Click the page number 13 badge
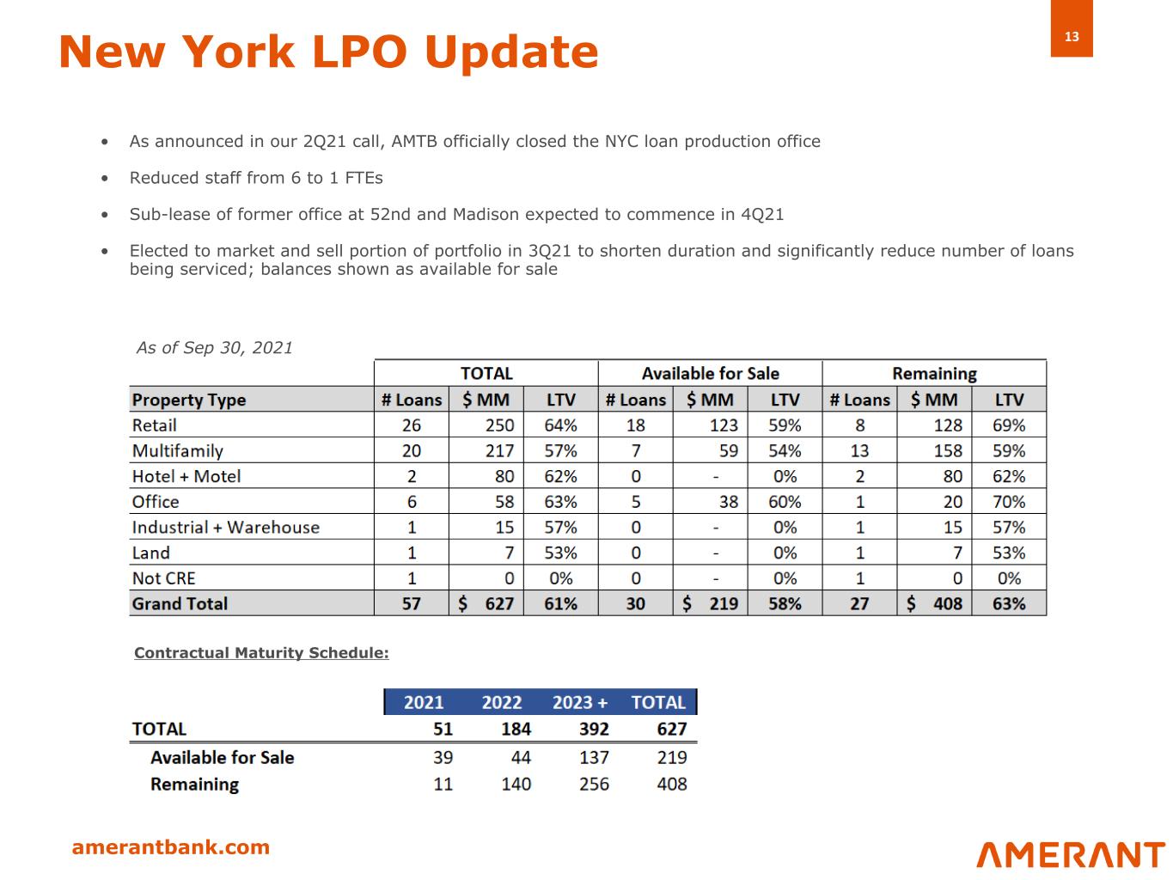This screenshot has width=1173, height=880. (1071, 36)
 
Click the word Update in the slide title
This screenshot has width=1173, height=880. (511, 52)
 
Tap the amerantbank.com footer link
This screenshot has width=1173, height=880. (170, 847)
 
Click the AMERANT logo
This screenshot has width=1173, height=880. (1070, 854)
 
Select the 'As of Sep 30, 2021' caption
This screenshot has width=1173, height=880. (214, 348)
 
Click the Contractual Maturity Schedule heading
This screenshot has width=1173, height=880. (261, 653)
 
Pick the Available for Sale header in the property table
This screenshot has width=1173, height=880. (710, 374)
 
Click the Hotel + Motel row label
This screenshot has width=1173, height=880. (186, 476)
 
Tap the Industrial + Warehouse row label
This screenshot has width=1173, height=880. (225, 528)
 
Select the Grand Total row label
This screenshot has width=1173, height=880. (180, 603)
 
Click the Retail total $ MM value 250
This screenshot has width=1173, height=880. (499, 425)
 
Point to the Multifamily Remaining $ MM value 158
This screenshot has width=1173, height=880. (947, 451)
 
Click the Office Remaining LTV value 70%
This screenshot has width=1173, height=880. (1008, 502)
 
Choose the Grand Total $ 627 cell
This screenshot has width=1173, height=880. (486, 603)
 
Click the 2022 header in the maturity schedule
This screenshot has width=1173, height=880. (501, 702)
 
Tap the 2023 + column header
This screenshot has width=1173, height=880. (579, 702)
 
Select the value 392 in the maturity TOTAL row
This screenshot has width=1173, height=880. (593, 730)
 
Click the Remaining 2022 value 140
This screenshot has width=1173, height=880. (516, 784)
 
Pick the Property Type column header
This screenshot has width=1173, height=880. (189, 400)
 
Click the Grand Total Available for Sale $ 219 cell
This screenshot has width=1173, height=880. (711, 603)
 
